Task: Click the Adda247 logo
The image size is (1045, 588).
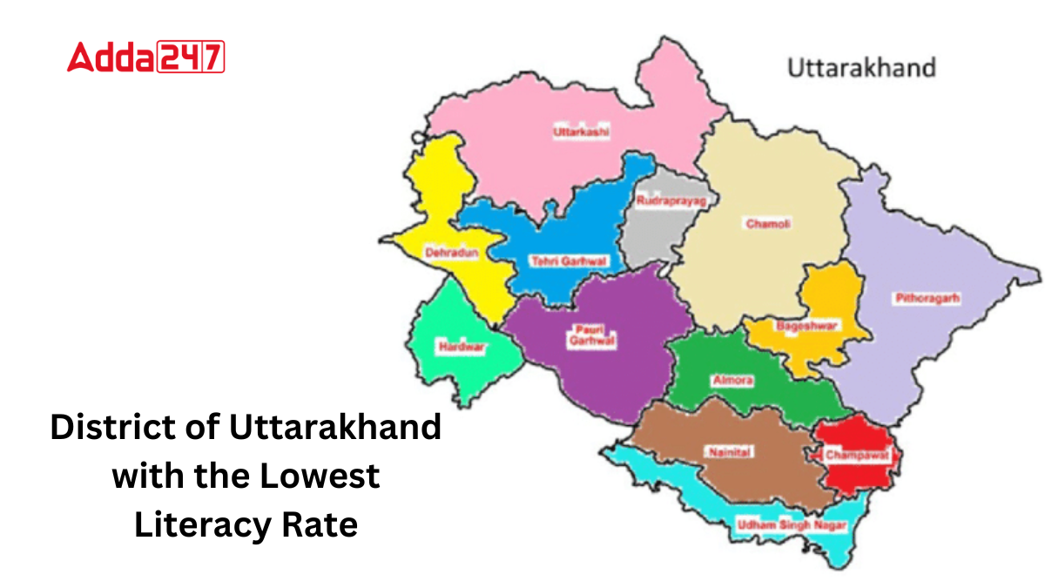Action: pyautogui.click(x=145, y=57)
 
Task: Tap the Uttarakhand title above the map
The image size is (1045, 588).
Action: pyautogui.click(x=861, y=67)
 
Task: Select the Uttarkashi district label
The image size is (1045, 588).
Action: pyautogui.click(x=581, y=132)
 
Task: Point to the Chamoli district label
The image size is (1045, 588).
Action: pyautogui.click(x=768, y=224)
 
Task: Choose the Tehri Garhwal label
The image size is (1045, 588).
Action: pyautogui.click(x=569, y=260)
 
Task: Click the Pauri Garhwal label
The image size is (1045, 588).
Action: pyautogui.click(x=592, y=335)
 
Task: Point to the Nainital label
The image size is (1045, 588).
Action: pyautogui.click(x=730, y=452)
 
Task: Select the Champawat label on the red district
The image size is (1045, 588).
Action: pyautogui.click(x=850, y=453)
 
